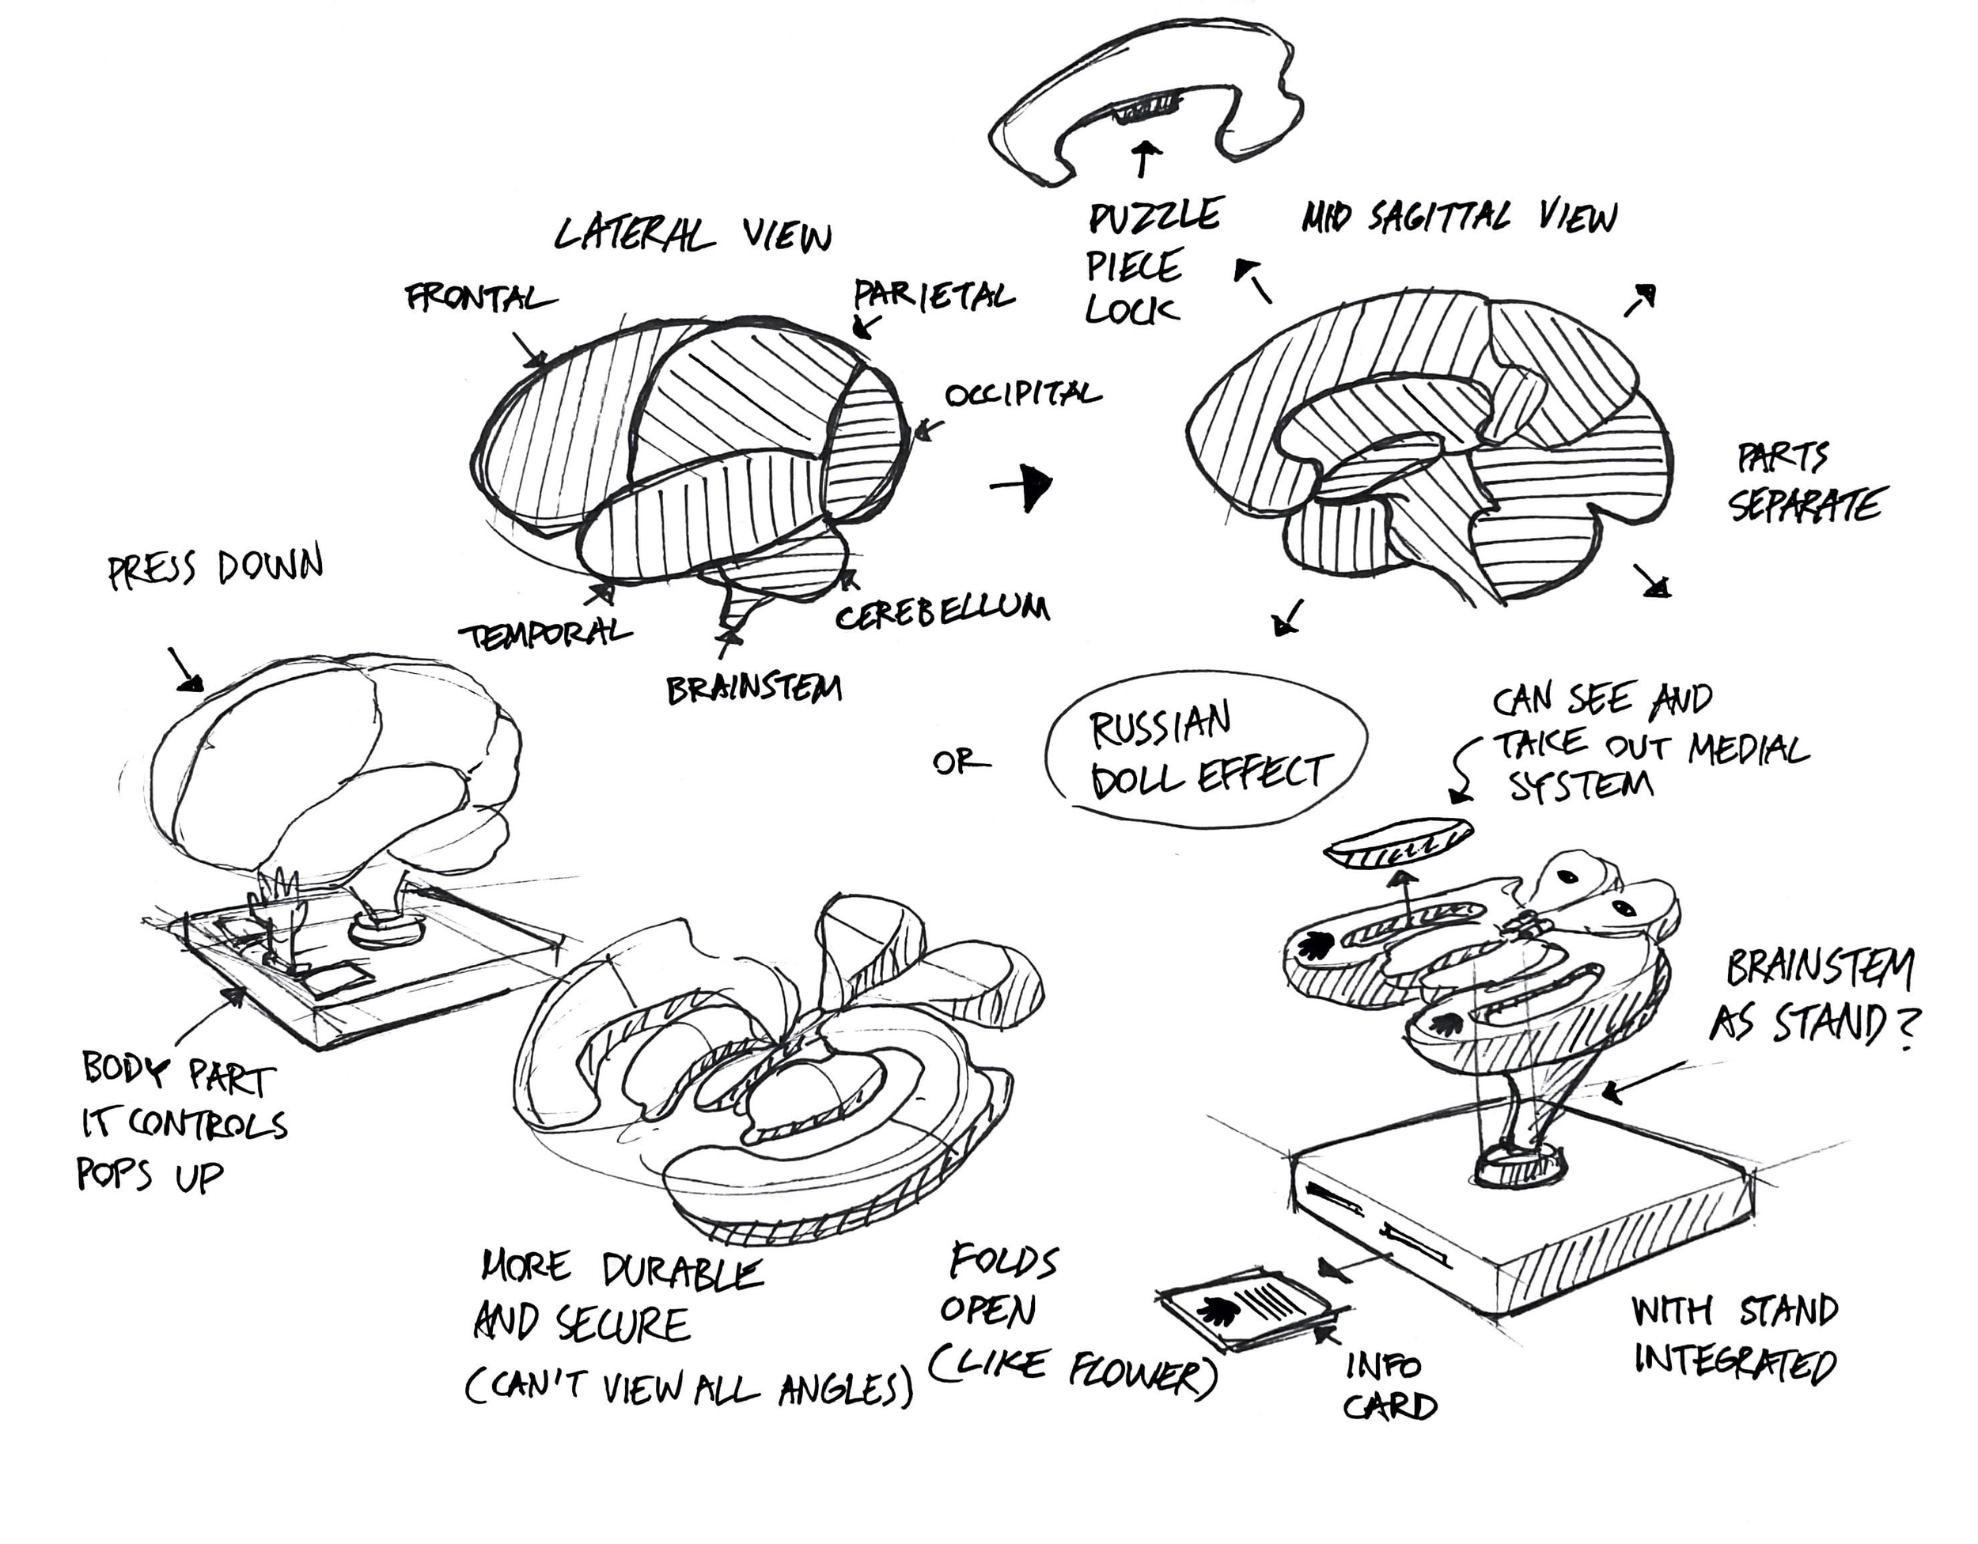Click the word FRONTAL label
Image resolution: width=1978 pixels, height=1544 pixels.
pyautogui.click(x=480, y=298)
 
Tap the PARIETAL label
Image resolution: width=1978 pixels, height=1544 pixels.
pyautogui.click(x=934, y=295)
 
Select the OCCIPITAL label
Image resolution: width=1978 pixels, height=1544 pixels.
pyautogui.click(x=1022, y=394)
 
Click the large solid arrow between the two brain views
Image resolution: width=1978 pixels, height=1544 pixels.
pyautogui.click(x=1028, y=486)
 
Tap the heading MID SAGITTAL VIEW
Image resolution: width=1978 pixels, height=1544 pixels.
pyautogui.click(x=1459, y=218)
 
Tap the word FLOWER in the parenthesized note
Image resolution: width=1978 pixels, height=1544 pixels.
pyautogui.click(x=1143, y=1373)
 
